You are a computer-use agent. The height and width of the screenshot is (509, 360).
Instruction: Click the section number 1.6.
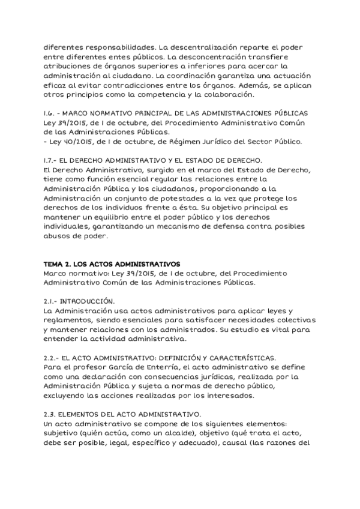pyautogui.click(x=50, y=113)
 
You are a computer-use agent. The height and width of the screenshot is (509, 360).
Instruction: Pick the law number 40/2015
pyautogui.click(x=73, y=142)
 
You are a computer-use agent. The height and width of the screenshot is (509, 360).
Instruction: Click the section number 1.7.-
pyautogui.click(x=52, y=161)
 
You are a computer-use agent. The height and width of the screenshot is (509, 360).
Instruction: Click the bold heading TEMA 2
pyautogui.click(x=59, y=264)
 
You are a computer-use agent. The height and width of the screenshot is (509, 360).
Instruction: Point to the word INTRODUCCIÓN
pyautogui.click(x=89, y=301)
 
